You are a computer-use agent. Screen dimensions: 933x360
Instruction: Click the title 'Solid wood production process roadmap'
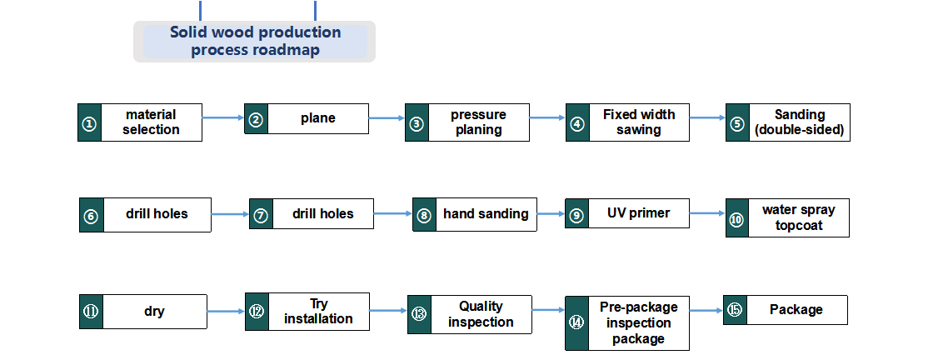pos(255,41)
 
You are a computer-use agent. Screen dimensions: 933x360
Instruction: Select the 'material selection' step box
pos(140,122)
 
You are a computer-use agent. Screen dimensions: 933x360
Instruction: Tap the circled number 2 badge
pos(256,119)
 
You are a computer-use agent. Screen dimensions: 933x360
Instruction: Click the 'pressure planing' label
pos(478,122)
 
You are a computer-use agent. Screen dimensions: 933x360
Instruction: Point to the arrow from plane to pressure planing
pos(387,117)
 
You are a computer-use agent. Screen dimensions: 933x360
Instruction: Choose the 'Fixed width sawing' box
pos(627,122)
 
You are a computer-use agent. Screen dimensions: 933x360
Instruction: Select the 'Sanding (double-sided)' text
pos(799,122)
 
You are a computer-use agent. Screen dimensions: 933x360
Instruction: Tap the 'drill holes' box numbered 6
pos(145,215)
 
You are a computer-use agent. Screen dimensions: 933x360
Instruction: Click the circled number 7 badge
pos(262,214)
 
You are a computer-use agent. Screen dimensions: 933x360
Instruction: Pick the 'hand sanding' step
pos(475,214)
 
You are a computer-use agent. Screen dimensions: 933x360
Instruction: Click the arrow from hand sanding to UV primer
pos(551,213)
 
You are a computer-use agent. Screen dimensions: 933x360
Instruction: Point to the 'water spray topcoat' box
pos(787,217)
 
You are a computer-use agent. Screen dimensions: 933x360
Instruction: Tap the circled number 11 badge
pos(91,311)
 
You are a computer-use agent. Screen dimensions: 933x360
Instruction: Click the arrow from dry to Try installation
pos(226,311)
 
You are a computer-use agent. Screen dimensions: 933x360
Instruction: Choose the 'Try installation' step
pos(307,311)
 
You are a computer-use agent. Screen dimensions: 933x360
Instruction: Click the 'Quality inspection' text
pos(481,314)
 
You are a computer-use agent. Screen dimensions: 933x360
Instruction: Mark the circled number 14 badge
pos(576,323)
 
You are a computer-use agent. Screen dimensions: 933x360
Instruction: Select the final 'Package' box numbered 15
pos(786,310)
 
